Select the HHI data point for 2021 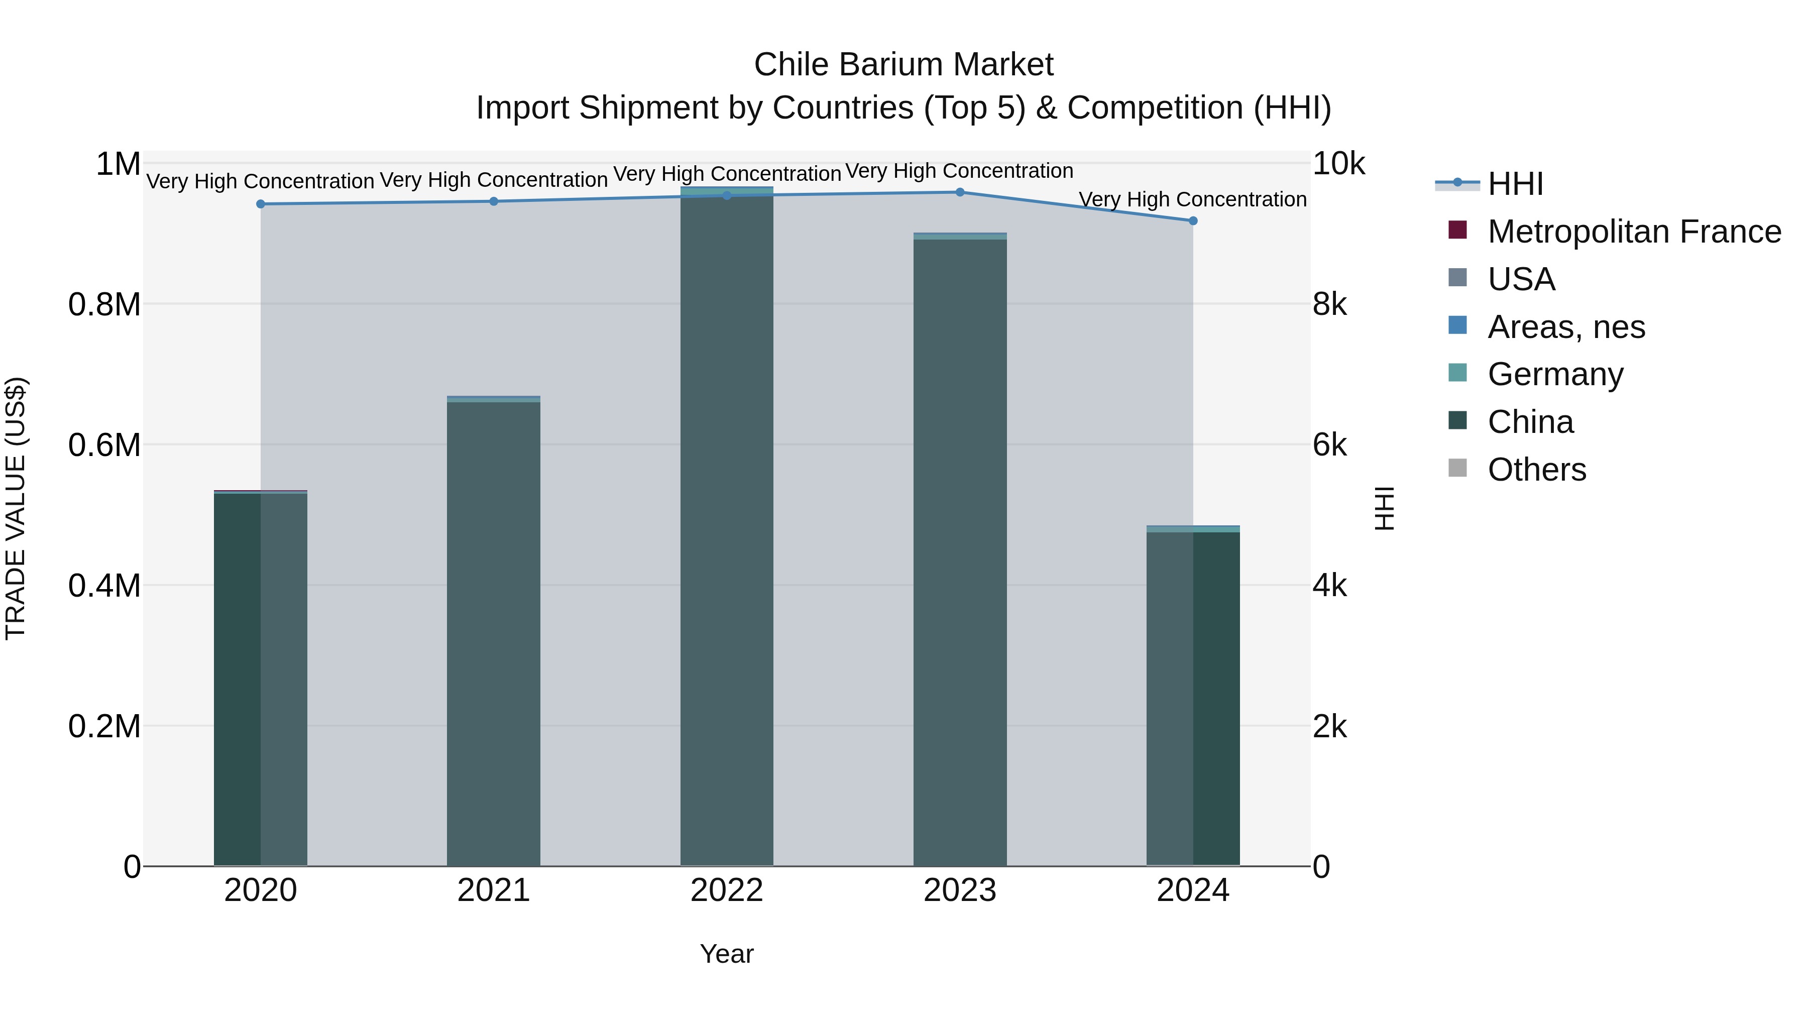coord(493,201)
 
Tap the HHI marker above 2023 coord(959,192)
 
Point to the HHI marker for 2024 coord(1192,221)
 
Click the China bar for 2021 coord(493,632)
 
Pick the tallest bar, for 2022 coord(726,526)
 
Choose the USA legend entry coord(1521,279)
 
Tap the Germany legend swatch coord(1458,373)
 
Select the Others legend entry coord(1536,470)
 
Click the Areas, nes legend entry coord(1566,327)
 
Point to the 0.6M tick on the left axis coord(104,445)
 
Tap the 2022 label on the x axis coord(726,890)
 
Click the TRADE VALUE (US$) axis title coord(16,508)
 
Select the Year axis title coord(726,954)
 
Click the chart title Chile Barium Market coord(903,65)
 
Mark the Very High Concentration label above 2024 coord(1192,199)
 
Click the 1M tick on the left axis coord(118,164)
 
